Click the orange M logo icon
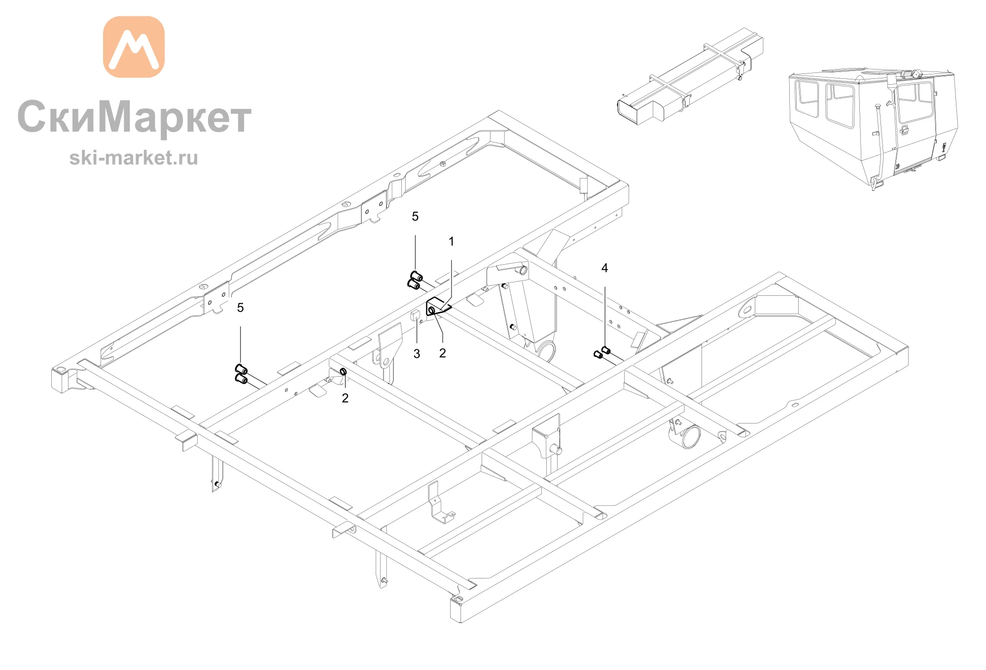tap(134, 47)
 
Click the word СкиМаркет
tap(135, 117)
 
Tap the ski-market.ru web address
tap(134, 158)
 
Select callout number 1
tap(451, 242)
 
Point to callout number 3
tap(417, 353)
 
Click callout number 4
tap(605, 268)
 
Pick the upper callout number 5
tap(415, 216)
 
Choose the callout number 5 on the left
tap(241, 308)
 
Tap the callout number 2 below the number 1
tap(443, 353)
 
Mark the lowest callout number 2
tap(345, 398)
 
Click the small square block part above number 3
tap(415, 316)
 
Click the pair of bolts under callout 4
tap(602, 352)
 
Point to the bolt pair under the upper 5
tap(415, 281)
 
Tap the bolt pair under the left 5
tap(241, 374)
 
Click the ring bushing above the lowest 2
tap(343, 371)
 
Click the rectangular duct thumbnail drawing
tap(690, 76)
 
